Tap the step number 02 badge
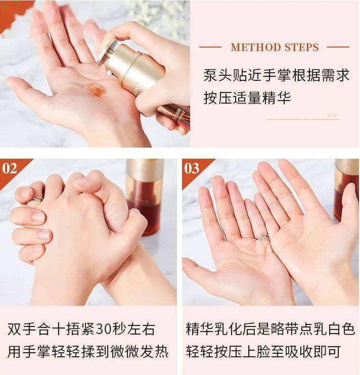tap(10, 168)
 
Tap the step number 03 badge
tap(191, 168)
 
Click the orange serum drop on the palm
tap(96, 89)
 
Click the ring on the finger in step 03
tap(262, 237)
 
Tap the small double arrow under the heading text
tap(332, 116)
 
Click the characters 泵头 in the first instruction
tap(218, 75)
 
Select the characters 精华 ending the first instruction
tap(277, 98)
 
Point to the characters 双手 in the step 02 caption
tap(22, 330)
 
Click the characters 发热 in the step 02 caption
tap(154, 352)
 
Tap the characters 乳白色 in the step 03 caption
tap(334, 330)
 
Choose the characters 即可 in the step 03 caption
tap(327, 352)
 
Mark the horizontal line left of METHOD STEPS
tap(210, 47)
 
